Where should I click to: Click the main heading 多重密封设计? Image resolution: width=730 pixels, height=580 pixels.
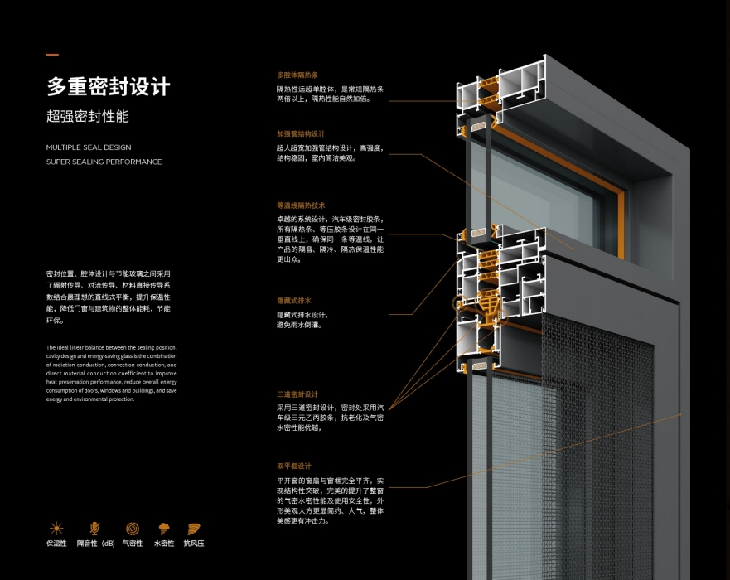pos(108,86)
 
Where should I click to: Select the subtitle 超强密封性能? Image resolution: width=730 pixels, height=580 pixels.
pos(88,117)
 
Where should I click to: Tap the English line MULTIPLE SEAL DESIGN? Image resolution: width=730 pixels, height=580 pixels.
pos(89,147)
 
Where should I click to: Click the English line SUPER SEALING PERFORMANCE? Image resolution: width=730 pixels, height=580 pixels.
pos(104,162)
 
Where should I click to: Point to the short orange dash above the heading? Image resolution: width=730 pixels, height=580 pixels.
pos(52,56)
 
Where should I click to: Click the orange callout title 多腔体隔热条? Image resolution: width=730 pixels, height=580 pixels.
pos(297,74)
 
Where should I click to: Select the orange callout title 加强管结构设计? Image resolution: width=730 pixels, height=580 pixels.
pos(301,133)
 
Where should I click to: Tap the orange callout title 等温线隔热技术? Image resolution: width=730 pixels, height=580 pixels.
pos(301,205)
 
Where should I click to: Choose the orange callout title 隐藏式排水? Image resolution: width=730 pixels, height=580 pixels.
pos(294,301)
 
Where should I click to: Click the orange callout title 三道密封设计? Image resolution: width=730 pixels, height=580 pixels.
pos(297,394)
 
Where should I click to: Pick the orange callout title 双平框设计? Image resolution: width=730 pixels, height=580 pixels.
pos(294,466)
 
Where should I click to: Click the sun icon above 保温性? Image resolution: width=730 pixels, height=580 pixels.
pos(56,528)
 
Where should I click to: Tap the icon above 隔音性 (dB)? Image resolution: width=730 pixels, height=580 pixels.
pos(94,528)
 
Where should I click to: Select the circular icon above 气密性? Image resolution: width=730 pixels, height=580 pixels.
pos(133,528)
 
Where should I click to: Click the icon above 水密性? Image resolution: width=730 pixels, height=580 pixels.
pos(164,528)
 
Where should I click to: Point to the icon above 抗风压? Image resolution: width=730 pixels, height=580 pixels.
pos(196,528)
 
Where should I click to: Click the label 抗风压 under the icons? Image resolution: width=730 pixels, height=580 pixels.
pos(196,544)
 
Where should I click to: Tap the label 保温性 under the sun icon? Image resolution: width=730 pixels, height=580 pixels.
pos(56,544)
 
